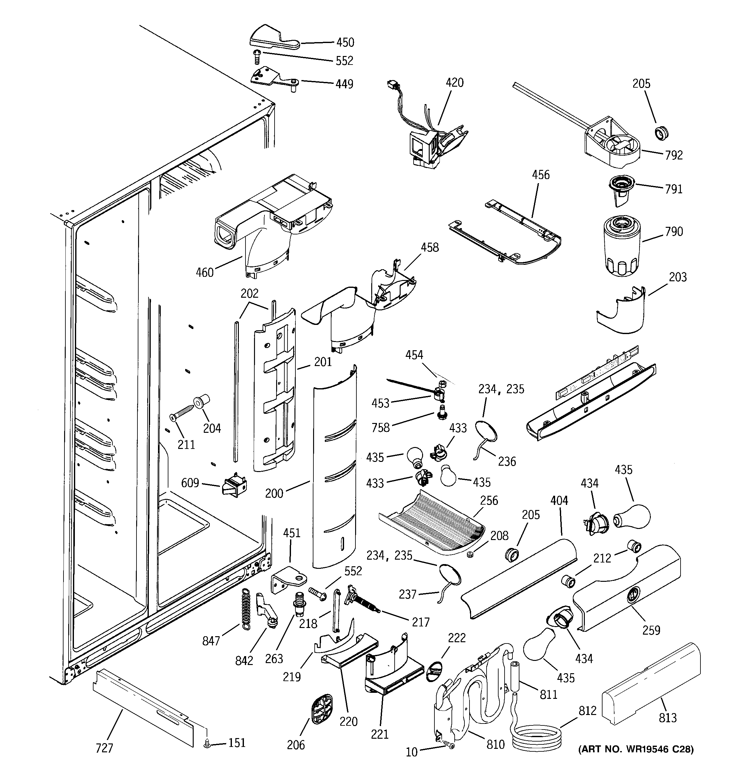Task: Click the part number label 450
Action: [x=345, y=42]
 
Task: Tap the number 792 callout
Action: [x=674, y=155]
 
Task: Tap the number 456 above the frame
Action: [x=541, y=175]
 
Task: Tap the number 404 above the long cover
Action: [x=559, y=500]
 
